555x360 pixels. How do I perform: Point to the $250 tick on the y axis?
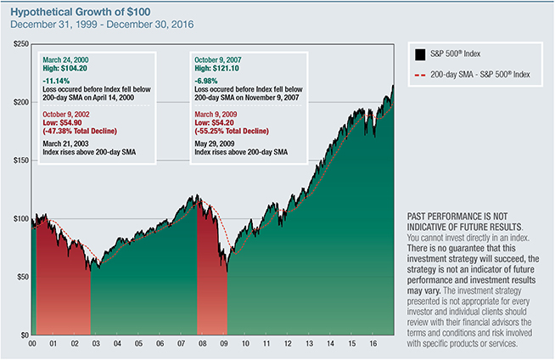(17, 44)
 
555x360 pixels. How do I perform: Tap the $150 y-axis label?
(17, 160)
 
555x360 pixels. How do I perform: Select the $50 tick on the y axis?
(20, 277)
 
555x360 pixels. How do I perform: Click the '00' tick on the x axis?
(32, 346)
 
